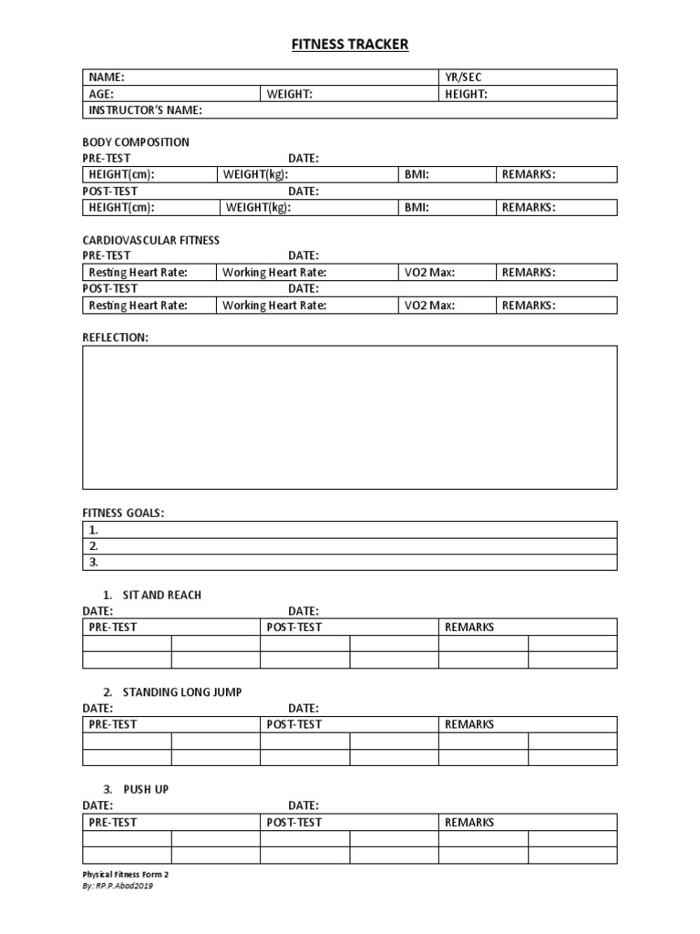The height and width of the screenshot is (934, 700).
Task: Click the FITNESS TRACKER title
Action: pyautogui.click(x=350, y=44)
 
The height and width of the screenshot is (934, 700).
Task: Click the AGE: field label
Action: pyautogui.click(x=102, y=94)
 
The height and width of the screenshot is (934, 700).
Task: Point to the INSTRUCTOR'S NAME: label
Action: pyautogui.click(x=145, y=110)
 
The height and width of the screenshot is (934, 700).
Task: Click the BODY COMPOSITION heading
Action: pyautogui.click(x=136, y=142)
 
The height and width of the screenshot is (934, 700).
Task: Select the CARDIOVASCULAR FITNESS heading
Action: pyautogui.click(x=150, y=240)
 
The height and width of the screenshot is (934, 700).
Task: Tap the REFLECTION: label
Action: pyautogui.click(x=115, y=337)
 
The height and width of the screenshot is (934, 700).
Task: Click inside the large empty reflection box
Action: pyautogui.click(x=350, y=417)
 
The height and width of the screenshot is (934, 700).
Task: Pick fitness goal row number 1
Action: pyautogui.click(x=350, y=530)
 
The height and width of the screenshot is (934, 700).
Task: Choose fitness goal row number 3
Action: pyautogui.click(x=350, y=563)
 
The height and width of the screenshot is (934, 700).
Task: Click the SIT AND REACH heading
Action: pyautogui.click(x=161, y=595)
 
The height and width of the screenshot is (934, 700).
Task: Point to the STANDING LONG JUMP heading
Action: pyautogui.click(x=181, y=692)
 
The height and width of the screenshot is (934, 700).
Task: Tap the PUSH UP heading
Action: pyautogui.click(x=145, y=789)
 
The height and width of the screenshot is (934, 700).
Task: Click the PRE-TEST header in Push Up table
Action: pyautogui.click(x=112, y=822)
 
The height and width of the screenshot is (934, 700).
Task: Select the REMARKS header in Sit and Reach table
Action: pyautogui.click(x=469, y=628)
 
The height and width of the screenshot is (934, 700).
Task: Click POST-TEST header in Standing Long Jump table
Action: pyautogui.click(x=293, y=724)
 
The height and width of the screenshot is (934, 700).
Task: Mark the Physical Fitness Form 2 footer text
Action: pyautogui.click(x=126, y=874)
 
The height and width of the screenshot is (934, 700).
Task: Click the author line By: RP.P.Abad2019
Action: pyautogui.click(x=118, y=886)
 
